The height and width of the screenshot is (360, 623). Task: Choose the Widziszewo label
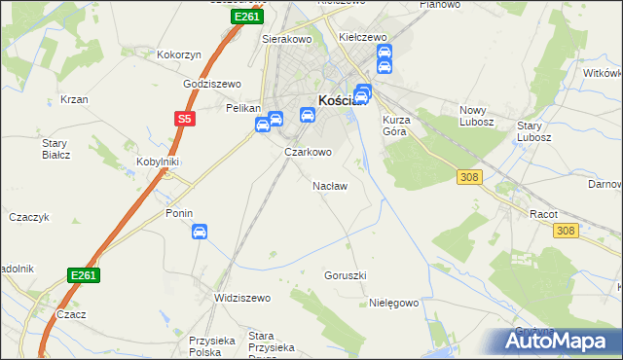point(240,298)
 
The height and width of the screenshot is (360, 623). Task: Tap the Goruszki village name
point(345,275)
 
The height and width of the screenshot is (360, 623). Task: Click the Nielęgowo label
point(393,303)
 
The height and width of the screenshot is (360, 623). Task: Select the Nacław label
point(329,185)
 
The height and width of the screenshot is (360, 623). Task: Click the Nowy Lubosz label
point(477,116)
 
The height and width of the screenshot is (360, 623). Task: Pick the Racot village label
point(541,212)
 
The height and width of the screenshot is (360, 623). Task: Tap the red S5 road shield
point(185,119)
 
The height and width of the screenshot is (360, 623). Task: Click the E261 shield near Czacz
point(84,275)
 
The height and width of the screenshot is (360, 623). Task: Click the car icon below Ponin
point(200,232)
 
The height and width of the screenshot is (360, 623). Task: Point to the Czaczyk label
point(28,217)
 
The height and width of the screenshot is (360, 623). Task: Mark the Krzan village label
point(74,100)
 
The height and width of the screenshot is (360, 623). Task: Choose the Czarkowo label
point(308,153)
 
